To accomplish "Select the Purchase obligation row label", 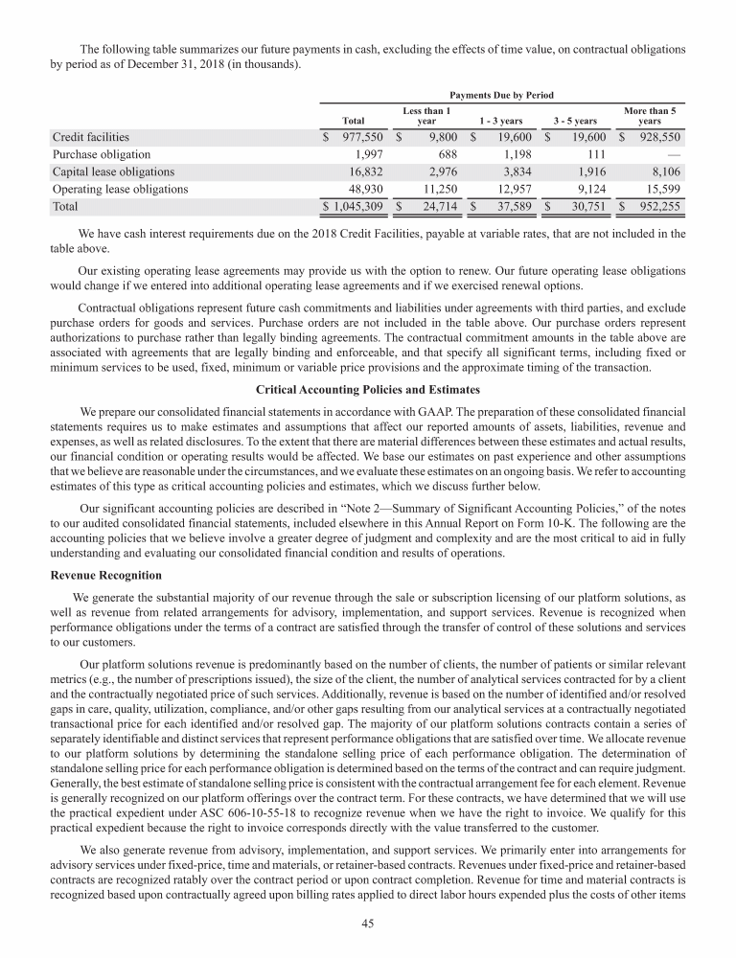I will [102, 154].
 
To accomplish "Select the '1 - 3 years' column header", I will [500, 122].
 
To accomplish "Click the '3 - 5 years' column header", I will [575, 122].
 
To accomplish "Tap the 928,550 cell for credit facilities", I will [656, 137].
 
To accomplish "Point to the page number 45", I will [368, 924].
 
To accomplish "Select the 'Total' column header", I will [353, 122].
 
